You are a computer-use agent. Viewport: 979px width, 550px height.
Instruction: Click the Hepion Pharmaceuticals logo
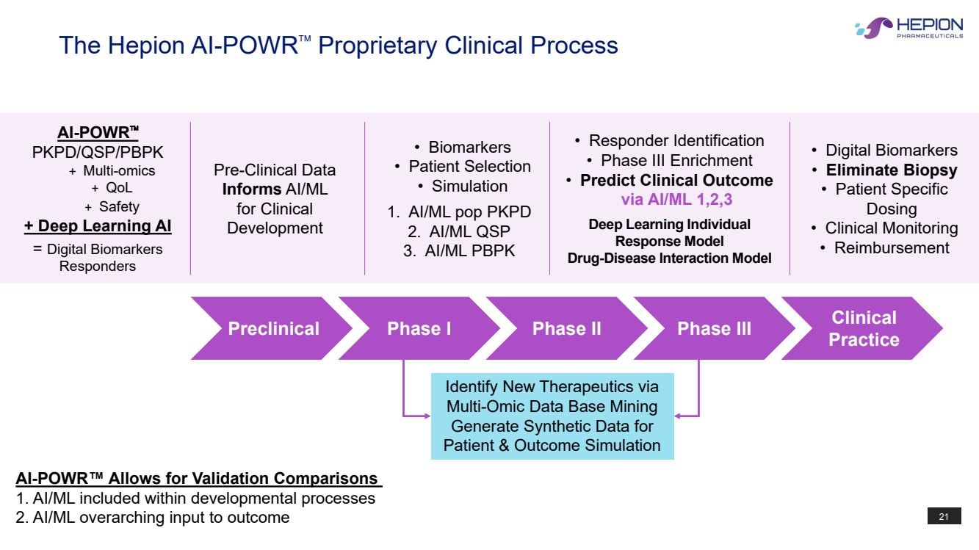(x=909, y=28)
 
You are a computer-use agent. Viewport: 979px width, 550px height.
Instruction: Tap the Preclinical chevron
(x=273, y=328)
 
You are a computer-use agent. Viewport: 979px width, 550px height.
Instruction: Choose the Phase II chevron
(x=566, y=328)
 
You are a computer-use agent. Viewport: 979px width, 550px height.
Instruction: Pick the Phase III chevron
(x=714, y=328)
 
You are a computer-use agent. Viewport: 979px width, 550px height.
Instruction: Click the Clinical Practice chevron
(x=863, y=328)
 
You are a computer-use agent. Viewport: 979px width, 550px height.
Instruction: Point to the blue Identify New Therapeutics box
(x=552, y=416)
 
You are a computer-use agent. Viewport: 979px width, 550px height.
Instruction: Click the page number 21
(x=944, y=517)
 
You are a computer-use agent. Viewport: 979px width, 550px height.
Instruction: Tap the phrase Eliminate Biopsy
(x=892, y=170)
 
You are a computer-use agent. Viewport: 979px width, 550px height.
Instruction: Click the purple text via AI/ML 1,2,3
(x=676, y=200)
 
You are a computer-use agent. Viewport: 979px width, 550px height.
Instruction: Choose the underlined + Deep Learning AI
(x=98, y=225)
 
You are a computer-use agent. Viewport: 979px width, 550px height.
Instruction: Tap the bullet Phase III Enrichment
(x=676, y=161)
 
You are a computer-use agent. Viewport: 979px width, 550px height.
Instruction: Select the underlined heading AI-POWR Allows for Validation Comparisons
(x=198, y=479)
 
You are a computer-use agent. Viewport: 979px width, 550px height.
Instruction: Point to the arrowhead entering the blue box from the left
(x=427, y=416)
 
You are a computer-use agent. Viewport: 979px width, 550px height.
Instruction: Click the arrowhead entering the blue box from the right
(x=678, y=416)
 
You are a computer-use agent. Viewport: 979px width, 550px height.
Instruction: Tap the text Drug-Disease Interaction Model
(x=669, y=258)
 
